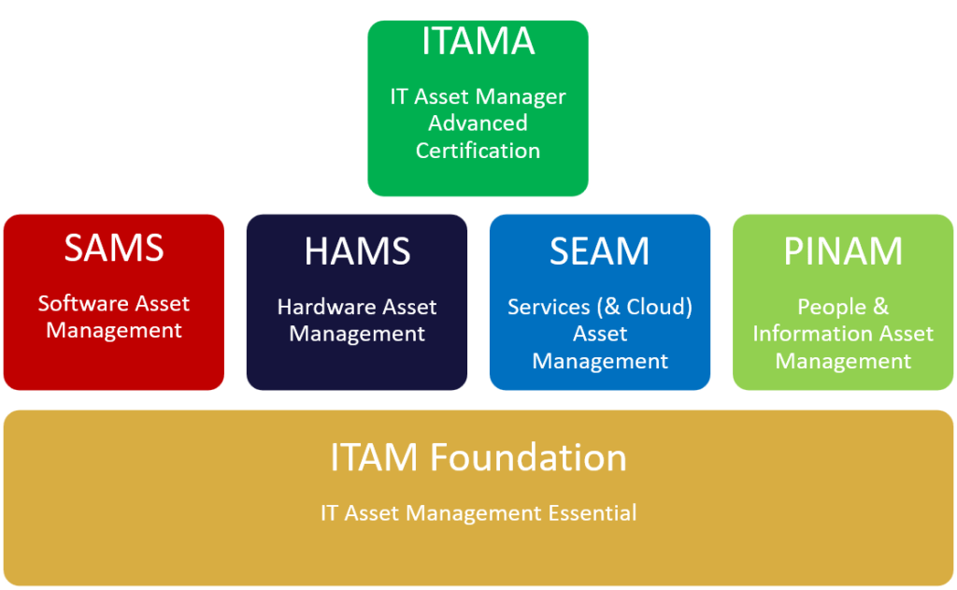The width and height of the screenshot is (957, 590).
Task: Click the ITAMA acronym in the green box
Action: pos(478,42)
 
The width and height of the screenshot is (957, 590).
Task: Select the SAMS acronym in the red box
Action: pos(114,249)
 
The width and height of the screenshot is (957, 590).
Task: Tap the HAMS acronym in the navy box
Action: pos(357,252)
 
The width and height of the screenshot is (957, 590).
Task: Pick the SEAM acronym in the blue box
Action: pos(599,252)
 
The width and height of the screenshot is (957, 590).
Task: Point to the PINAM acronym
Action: pos(843,252)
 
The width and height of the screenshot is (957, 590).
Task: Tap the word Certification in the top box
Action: pos(478,151)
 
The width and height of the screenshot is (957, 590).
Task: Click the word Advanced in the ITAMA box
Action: pos(478,123)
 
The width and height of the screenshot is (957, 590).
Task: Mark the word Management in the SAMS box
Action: pos(114,330)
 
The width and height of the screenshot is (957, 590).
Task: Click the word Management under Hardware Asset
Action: pos(357,334)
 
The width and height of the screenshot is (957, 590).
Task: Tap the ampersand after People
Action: pos(880,307)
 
